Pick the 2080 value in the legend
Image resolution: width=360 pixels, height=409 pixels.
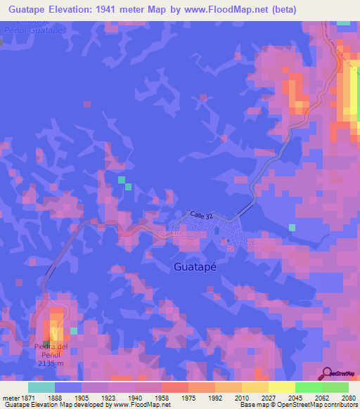(349, 397)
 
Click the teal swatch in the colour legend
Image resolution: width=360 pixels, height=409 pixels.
(41, 387)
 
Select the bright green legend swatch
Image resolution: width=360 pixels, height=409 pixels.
(308, 387)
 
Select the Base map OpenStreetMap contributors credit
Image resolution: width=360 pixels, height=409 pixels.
(299, 405)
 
